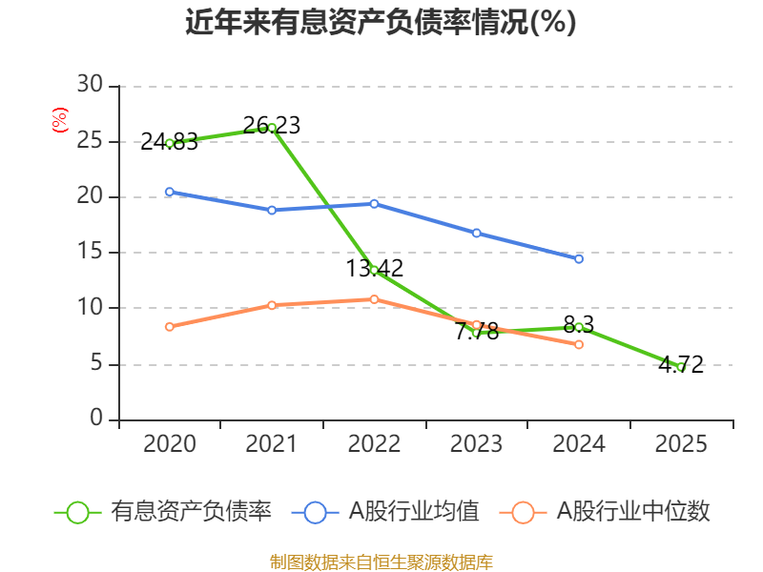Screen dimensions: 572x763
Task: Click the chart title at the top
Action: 381,22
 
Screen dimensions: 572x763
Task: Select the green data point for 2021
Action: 272,128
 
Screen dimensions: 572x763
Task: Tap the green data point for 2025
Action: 680,366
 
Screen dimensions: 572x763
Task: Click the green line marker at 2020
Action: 169,143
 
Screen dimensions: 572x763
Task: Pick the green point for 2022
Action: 374,270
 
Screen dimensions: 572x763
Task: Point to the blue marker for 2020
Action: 169,192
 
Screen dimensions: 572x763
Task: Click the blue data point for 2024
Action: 578,258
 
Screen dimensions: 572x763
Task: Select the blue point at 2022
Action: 374,203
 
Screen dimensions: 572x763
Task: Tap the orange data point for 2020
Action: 169,327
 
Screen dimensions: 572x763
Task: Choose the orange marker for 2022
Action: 374,299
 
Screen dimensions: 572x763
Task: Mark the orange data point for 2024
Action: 578,344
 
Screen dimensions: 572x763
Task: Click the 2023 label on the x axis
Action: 476,444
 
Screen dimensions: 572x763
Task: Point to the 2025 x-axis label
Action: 680,444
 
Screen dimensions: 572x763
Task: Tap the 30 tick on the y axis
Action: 90,86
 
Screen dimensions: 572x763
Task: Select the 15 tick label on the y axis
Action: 90,253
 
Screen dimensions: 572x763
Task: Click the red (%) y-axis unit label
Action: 60,121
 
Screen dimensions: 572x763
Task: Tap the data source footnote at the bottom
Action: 381,562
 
